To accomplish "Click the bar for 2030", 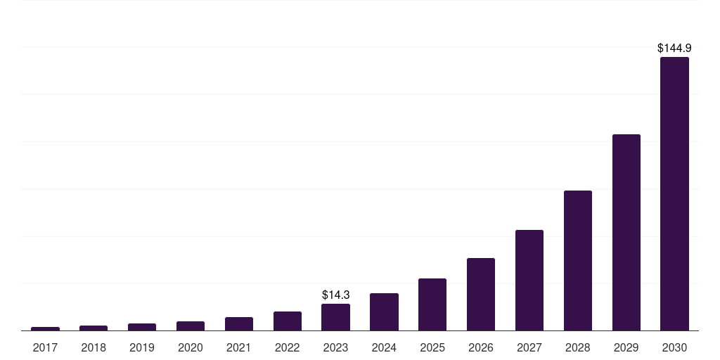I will pos(674,193).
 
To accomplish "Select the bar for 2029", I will pos(626,232).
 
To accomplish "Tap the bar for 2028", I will pos(577,260).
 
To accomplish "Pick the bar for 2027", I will pos(529,280).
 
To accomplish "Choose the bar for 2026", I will pos(481,294).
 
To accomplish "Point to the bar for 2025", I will pos(432,304).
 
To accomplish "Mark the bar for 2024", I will pos(384,311).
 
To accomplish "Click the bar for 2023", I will pos(335,317).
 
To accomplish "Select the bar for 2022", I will pos(287,321).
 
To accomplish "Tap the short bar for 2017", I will pos(45,328).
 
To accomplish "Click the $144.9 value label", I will pos(674,49).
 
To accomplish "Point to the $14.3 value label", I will pos(335,295).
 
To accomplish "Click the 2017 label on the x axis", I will pos(45,347).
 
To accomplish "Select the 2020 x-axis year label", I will pos(191,347).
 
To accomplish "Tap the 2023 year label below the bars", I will pos(335,347).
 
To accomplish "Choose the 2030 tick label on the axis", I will pos(674,347).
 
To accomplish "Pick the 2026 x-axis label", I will pos(481,347).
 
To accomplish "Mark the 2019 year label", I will pos(142,347).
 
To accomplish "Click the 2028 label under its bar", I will pos(577,347).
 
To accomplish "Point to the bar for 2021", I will pos(239,323).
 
